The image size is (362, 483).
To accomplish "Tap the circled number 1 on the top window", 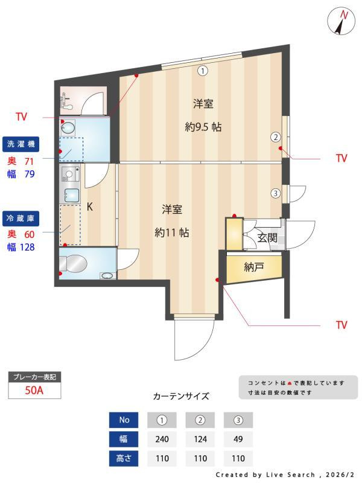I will pyautogui.click(x=203, y=71).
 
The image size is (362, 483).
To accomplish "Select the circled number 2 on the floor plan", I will pyautogui.click(x=275, y=137).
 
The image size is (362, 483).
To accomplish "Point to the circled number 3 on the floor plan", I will pyautogui.click(x=275, y=194).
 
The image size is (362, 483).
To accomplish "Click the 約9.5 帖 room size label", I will pyautogui.click(x=203, y=127).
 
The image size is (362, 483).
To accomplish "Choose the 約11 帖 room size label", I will pyautogui.click(x=172, y=232).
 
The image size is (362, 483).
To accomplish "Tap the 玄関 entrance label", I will pyautogui.click(x=267, y=238).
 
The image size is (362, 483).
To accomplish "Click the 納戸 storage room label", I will pyautogui.click(x=253, y=267).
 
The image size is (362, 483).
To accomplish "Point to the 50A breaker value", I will pyautogui.click(x=34, y=390).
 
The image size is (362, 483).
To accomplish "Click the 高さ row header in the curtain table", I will pyautogui.click(x=124, y=458).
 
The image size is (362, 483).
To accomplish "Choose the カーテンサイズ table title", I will pyautogui.click(x=181, y=397).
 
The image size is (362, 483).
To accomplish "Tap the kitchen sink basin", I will pyautogui.click(x=72, y=196).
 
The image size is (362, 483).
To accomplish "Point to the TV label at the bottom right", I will pyautogui.click(x=341, y=325).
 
